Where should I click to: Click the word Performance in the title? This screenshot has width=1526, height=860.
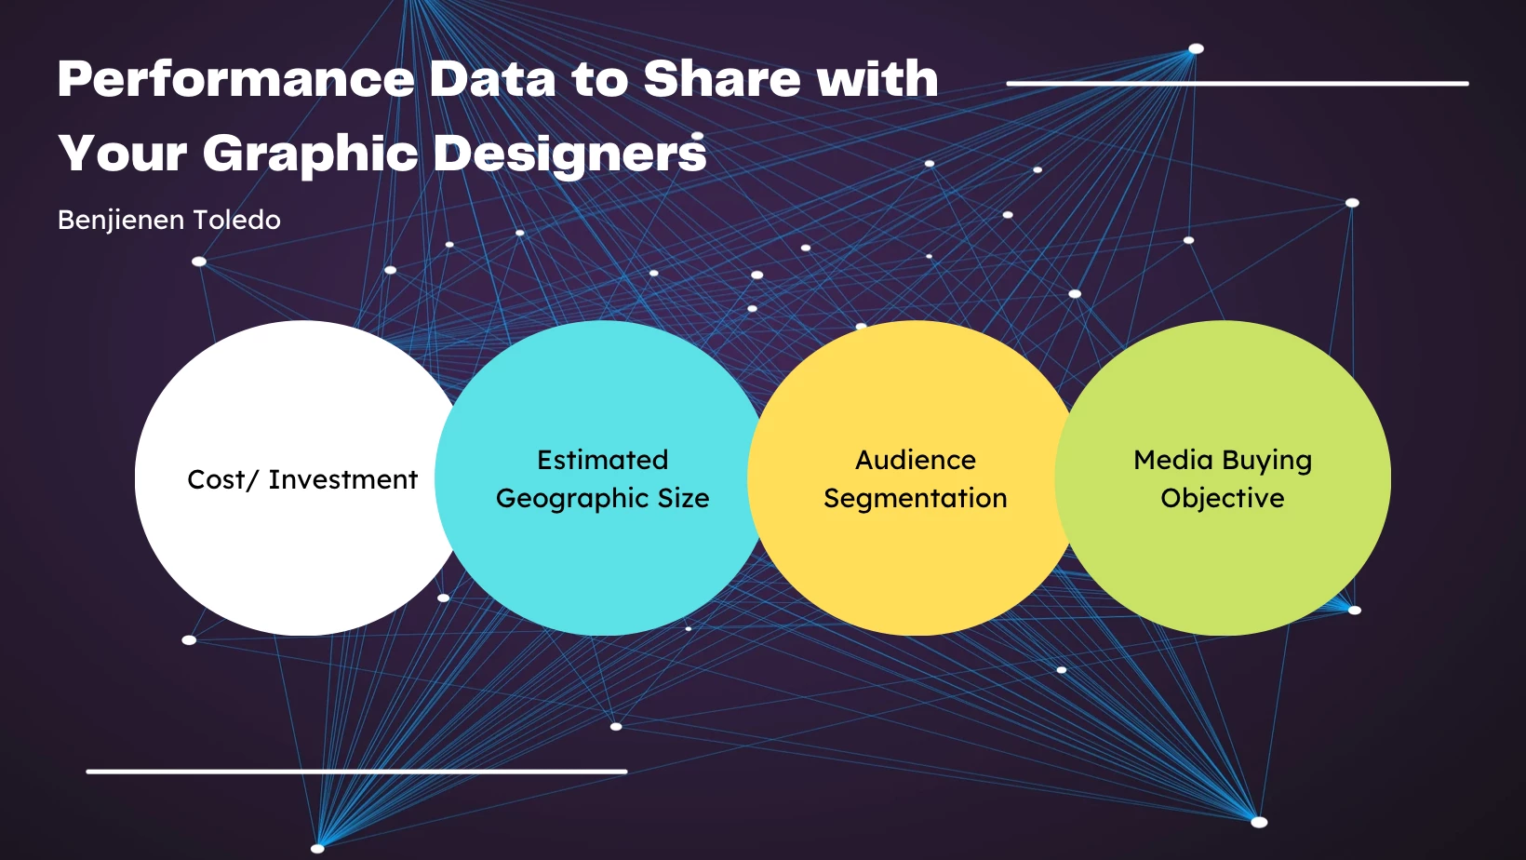coord(235,78)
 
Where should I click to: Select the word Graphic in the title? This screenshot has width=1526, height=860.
coord(310,154)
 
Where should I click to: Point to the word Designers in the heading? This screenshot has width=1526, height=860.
coord(570,153)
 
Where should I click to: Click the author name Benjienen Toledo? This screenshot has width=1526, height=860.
coord(169,220)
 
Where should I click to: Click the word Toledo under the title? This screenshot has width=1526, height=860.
coord(236,220)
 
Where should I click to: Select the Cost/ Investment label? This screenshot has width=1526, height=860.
coord(302,479)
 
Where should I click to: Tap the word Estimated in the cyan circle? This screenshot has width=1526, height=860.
coord(603,460)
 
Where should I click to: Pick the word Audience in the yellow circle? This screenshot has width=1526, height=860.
coord(916,460)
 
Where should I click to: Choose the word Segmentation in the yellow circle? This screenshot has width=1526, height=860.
coord(916,499)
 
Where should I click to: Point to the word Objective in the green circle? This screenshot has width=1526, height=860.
coord(1223,499)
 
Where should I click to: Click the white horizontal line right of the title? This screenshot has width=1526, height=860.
coord(1238,84)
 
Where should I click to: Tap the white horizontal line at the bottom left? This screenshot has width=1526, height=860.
coord(356,773)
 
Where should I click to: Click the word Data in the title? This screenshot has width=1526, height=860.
coord(492,78)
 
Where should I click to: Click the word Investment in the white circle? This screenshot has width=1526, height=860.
coord(343,479)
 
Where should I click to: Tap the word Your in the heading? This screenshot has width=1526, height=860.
coord(123,153)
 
